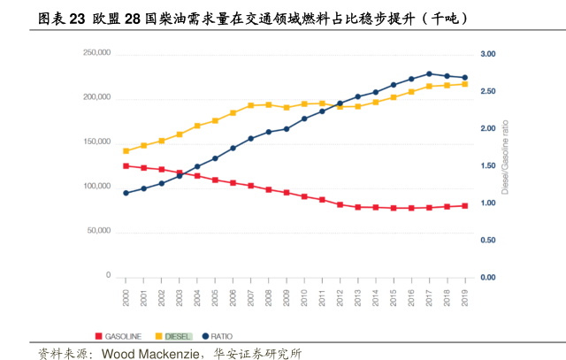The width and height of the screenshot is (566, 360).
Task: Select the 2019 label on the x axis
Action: [x=465, y=297]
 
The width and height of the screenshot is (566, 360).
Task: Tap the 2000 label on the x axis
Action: [x=126, y=297]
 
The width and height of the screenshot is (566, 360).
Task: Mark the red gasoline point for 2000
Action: [x=126, y=165]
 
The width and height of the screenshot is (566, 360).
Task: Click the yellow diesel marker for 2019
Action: [x=465, y=84]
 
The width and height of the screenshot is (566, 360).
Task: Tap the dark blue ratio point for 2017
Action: [x=429, y=74]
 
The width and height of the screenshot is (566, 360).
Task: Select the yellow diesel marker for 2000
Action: [x=126, y=150]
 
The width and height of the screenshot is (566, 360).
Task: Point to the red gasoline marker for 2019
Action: [x=465, y=206]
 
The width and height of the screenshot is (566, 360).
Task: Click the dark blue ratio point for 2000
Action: [x=126, y=193]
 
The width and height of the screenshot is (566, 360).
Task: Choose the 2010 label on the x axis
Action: [x=304, y=297]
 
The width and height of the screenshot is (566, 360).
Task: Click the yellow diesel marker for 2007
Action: [x=250, y=106]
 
